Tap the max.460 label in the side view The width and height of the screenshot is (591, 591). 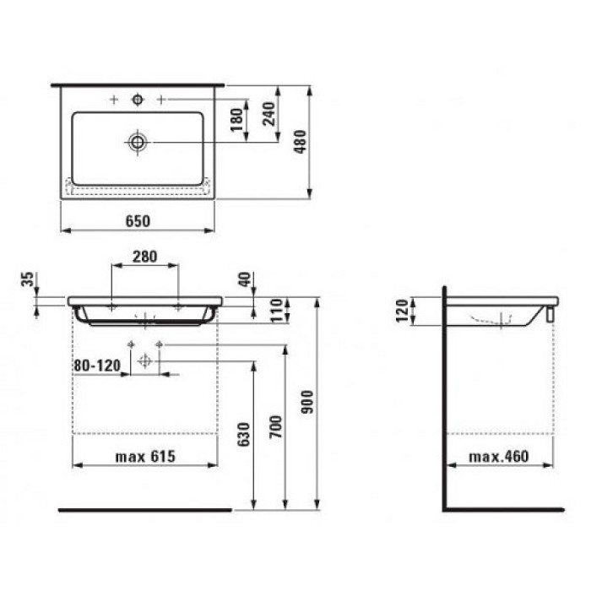click(x=498, y=457)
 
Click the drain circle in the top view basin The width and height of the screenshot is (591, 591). click(x=137, y=141)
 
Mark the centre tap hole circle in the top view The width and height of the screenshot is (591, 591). click(x=137, y=100)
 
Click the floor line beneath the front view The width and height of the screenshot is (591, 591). click(x=144, y=510)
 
